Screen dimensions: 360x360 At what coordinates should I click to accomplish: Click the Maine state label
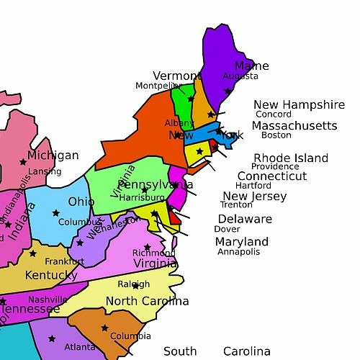[x=251, y=66]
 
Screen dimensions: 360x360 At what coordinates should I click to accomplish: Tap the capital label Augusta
[x=240, y=76]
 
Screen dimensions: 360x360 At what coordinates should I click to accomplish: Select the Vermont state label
[x=176, y=76]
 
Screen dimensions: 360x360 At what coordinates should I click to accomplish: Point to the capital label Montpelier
[x=158, y=86]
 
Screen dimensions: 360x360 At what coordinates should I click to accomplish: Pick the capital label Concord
[x=274, y=114]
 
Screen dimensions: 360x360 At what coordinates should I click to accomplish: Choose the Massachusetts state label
[x=294, y=125]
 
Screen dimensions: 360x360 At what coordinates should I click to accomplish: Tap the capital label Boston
[x=276, y=135]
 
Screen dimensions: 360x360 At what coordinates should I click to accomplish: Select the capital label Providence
[x=275, y=166]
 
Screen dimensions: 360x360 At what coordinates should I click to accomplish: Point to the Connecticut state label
[x=271, y=176]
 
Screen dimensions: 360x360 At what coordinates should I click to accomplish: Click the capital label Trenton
[x=236, y=204]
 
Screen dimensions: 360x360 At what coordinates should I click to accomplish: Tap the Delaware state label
[x=245, y=219]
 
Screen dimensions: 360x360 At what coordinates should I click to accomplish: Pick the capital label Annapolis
[x=238, y=252]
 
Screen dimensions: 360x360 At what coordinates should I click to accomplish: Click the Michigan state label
[x=53, y=156]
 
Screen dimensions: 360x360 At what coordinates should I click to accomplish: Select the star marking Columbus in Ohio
[x=55, y=212]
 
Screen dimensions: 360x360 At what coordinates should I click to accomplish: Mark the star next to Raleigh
[x=135, y=286]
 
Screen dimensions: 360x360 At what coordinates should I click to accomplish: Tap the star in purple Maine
[x=228, y=91]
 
